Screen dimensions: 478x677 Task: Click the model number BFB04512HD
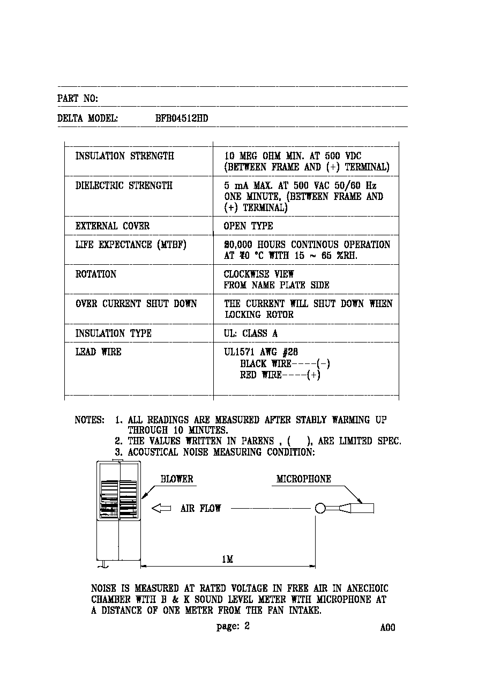coord(182,118)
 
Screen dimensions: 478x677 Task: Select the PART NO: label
coord(78,99)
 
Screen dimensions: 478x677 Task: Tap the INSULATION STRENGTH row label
coord(124,156)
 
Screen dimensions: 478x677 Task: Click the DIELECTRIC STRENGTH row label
coord(124,185)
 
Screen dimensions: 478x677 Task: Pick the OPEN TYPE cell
coord(248,226)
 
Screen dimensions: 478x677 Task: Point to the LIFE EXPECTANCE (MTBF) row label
coord(131,244)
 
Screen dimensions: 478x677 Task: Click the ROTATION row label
coord(96,274)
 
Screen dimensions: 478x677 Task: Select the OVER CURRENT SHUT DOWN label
coord(136,303)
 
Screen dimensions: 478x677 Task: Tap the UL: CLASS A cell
coord(251,333)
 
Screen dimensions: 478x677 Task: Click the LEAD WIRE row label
coord(98,352)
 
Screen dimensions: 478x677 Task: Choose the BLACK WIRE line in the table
coord(285,363)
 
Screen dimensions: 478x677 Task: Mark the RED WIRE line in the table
coord(280,375)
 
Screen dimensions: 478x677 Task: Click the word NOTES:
coord(89,420)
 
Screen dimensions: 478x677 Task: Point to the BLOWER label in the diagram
coord(177,479)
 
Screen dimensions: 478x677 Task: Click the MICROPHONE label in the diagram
coord(304,479)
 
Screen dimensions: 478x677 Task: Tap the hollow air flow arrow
coord(161,508)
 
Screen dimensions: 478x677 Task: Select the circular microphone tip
coord(320,508)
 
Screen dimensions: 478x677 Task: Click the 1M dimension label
coord(228,560)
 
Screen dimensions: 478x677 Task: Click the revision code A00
coord(387,628)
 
